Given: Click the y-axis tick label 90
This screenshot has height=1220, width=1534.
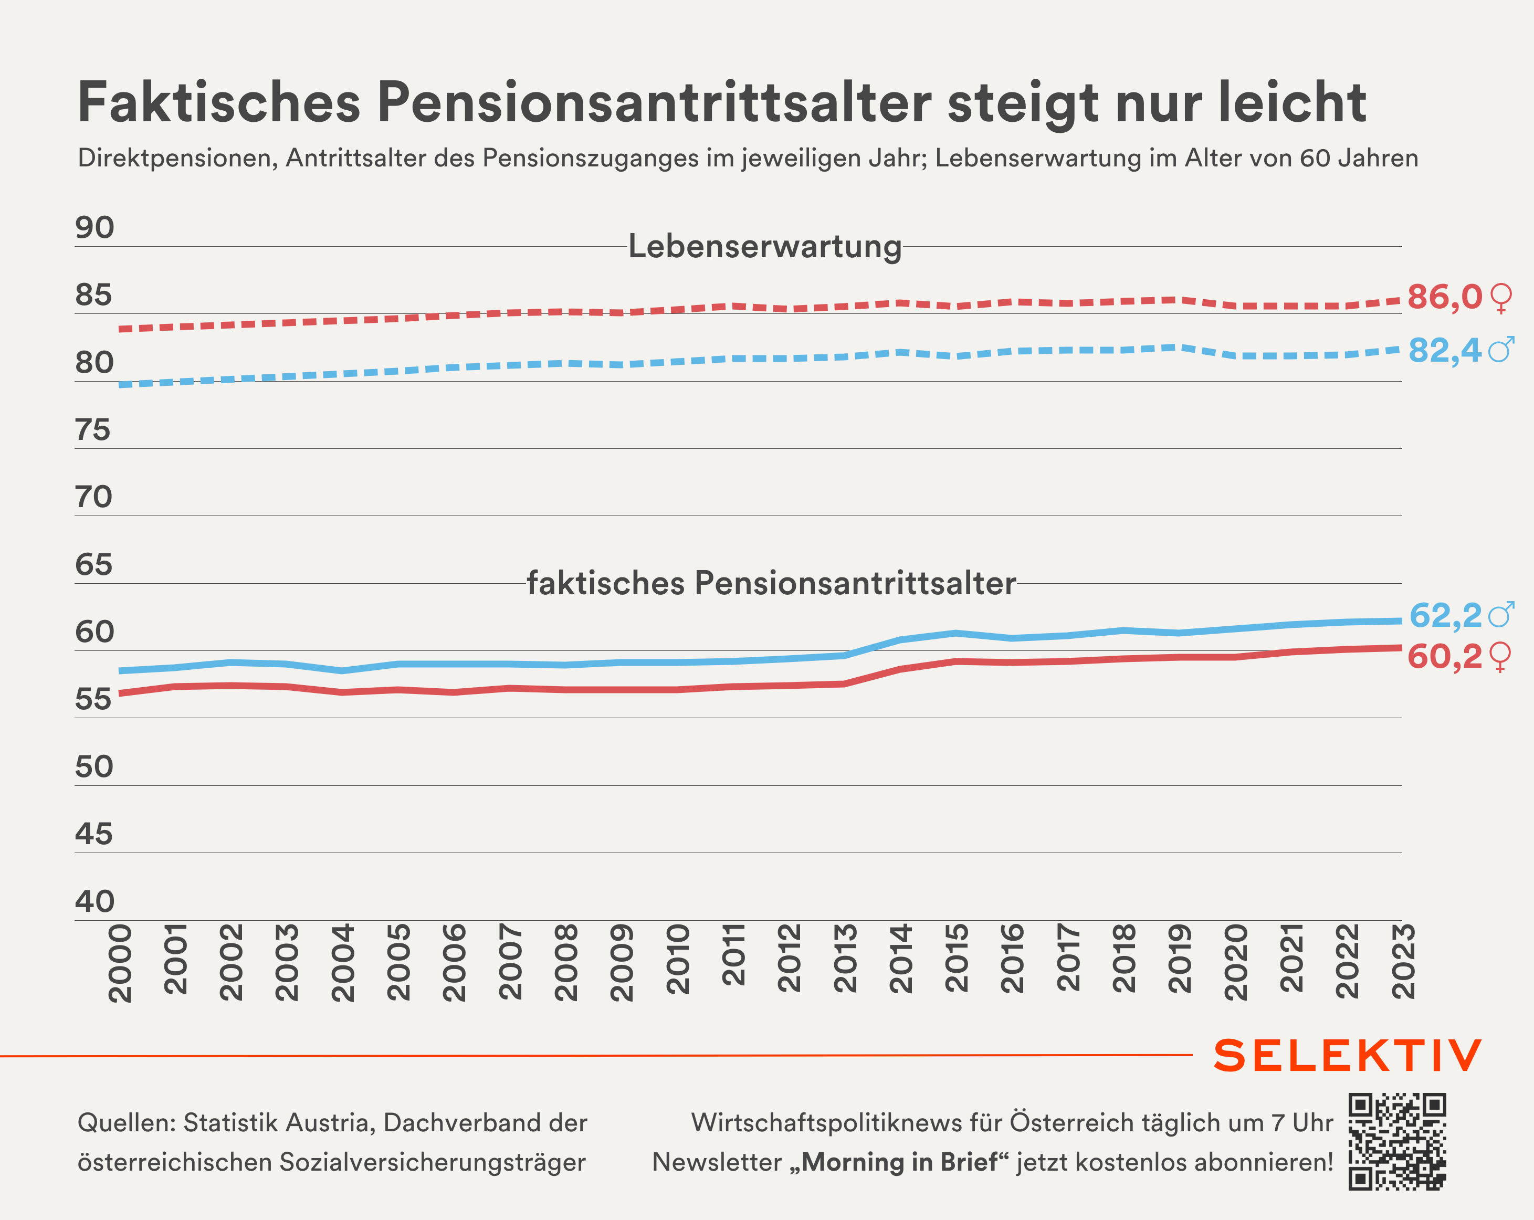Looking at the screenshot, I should coord(94,228).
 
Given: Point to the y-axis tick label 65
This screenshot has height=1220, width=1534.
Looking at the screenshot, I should coord(94,565).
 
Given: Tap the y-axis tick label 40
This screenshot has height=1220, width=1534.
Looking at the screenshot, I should coord(94,902).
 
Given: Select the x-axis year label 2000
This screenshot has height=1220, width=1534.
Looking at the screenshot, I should coord(120,963).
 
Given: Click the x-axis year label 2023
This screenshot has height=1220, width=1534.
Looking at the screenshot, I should coord(1403,961).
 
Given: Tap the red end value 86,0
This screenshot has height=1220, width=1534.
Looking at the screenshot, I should coord(1444,297).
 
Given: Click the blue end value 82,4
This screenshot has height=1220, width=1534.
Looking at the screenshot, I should coord(1444,351).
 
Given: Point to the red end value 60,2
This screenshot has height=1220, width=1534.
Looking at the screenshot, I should coord(1444,657).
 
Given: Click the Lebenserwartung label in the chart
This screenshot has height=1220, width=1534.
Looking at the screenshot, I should coord(765,247).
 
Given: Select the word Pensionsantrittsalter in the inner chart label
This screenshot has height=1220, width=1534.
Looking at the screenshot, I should coord(855,583).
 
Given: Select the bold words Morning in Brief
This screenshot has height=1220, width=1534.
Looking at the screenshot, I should coord(899,1162).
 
